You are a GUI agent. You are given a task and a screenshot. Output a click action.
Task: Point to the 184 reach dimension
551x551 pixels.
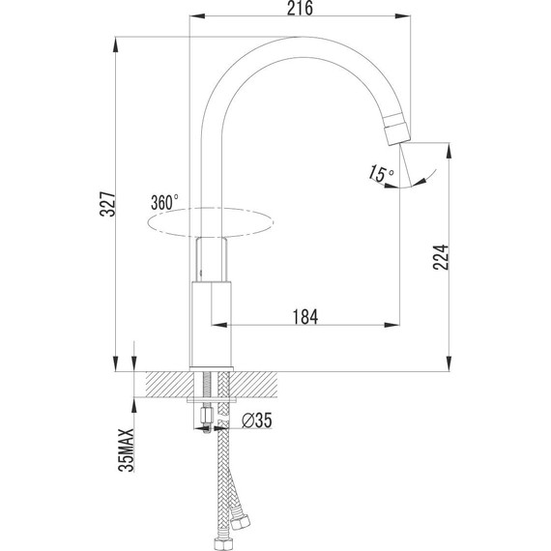pos(305,315)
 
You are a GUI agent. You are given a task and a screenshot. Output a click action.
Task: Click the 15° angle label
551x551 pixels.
pos(382,174)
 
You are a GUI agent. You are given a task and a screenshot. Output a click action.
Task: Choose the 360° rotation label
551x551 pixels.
pos(164,203)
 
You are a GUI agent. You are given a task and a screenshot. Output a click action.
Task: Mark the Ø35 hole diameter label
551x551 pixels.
pos(258,420)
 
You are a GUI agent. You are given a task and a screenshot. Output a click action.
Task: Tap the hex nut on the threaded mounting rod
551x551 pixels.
pos(206,419)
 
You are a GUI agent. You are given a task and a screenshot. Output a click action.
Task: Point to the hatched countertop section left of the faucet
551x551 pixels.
pos(164,384)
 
